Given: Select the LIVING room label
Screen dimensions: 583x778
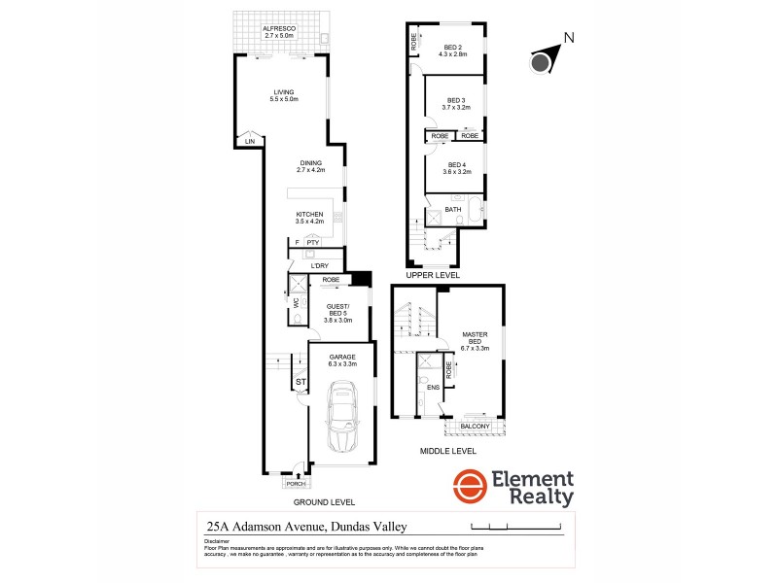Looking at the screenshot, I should tap(284, 92).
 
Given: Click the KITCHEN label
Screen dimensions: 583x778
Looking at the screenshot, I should tap(310, 214).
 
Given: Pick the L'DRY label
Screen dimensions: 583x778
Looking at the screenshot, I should tap(319, 265).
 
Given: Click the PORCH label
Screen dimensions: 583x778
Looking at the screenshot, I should tap(295, 483).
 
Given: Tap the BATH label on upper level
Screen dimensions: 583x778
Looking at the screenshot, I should tap(453, 210).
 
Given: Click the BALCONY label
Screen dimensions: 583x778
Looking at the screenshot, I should tap(476, 425).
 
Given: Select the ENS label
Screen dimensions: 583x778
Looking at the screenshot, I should tap(433, 387).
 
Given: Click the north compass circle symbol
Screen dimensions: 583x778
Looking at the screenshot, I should tap(541, 64).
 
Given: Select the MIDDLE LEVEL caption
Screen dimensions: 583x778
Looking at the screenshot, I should tap(447, 452).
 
